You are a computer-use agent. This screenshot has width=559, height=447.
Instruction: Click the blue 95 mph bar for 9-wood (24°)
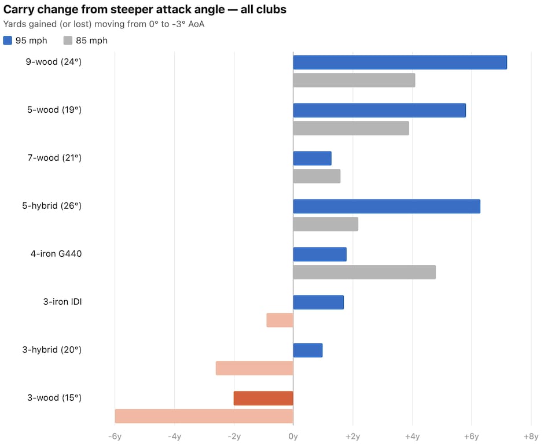(400, 62)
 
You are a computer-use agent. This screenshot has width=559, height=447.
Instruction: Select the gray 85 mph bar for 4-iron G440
(364, 272)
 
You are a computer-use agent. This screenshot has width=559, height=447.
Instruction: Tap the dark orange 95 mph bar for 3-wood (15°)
(263, 398)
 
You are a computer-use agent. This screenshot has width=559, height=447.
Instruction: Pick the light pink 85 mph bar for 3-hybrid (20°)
(255, 368)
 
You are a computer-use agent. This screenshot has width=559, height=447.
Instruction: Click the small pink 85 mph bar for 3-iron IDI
(280, 320)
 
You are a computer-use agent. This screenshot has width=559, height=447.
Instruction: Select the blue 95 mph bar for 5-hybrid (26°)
(387, 206)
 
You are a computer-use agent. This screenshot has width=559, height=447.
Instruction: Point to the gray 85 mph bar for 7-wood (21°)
(317, 176)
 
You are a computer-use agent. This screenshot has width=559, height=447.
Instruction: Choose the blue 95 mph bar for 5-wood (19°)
(379, 110)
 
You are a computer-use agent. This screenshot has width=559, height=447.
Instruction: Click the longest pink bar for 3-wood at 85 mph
(204, 416)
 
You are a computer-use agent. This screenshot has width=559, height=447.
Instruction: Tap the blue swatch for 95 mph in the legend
(8, 40)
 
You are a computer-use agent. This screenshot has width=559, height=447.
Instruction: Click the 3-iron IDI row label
(62, 302)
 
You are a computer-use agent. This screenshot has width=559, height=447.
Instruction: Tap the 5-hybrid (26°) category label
(52, 206)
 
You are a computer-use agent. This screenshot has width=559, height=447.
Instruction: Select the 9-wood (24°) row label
(54, 62)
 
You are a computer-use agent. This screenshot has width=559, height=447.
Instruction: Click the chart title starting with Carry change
(145, 10)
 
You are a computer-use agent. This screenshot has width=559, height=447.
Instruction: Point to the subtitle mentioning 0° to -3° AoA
(104, 24)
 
